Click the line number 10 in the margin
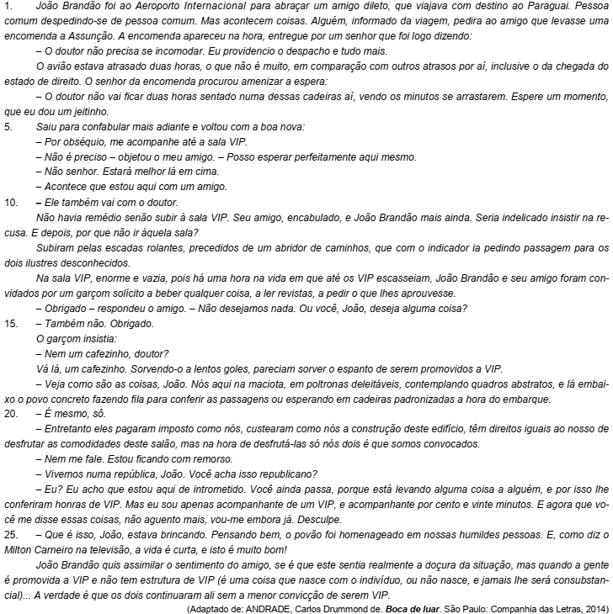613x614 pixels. click(10, 203)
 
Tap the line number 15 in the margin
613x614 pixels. click(10, 323)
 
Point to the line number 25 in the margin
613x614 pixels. click(10, 532)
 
